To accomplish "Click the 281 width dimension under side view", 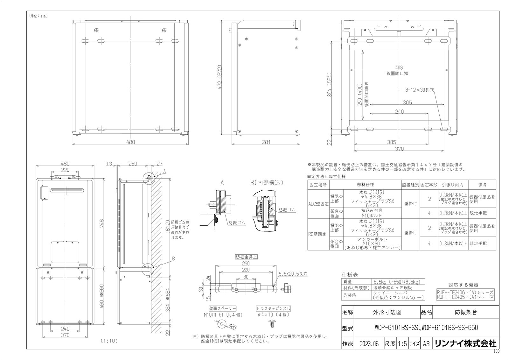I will tap(266, 142).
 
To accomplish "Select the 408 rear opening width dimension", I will tap(399, 67).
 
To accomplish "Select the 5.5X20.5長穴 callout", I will tap(293, 273).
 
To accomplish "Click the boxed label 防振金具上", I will tap(246, 257).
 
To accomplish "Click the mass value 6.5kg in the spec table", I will tap(396, 282).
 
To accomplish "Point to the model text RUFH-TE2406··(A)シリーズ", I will tap(465, 292).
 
